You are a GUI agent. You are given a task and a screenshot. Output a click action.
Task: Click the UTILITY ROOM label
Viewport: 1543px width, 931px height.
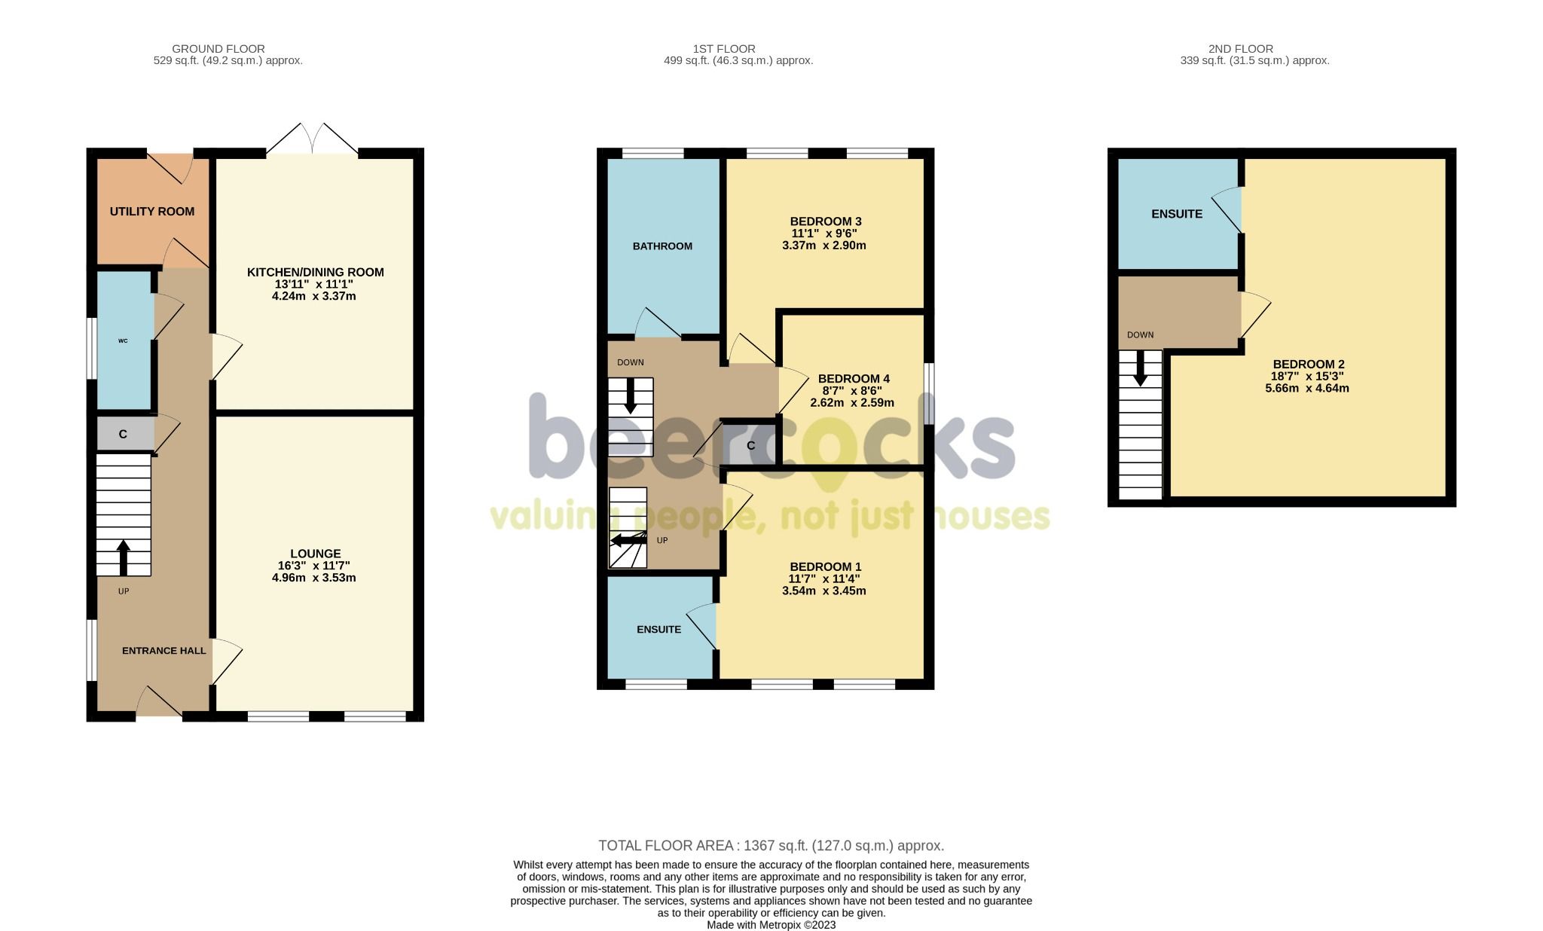tap(152, 212)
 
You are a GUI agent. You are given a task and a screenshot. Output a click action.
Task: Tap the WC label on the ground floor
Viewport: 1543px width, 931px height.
tap(123, 341)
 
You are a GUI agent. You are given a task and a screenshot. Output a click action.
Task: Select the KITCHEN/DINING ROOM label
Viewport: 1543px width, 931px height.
tap(315, 272)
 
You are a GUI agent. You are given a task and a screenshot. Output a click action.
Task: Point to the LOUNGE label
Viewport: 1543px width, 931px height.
tap(315, 554)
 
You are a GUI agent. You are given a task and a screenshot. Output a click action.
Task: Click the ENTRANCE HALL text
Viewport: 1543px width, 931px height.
tap(163, 651)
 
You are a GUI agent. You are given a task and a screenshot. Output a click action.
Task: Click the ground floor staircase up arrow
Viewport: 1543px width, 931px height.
tap(124, 557)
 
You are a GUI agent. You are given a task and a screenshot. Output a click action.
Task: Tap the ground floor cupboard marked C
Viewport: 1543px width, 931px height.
tap(123, 435)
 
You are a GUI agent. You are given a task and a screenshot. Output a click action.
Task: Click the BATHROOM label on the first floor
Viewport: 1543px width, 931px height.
tap(662, 246)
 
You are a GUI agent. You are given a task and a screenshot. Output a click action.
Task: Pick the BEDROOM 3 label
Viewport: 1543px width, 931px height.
tap(825, 221)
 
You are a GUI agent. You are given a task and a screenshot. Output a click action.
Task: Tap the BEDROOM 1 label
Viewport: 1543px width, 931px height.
tap(825, 567)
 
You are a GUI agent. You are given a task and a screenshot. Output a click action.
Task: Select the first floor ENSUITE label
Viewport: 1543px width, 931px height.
tap(658, 630)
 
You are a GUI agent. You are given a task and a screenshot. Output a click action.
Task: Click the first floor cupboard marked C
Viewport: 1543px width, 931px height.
tap(750, 446)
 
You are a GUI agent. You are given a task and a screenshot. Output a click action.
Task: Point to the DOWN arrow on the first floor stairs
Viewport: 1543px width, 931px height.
tap(631, 396)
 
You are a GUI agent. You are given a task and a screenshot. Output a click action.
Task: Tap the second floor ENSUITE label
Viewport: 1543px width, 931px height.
tap(1176, 214)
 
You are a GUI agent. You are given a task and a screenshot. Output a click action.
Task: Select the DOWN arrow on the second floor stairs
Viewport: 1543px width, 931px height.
tap(1141, 369)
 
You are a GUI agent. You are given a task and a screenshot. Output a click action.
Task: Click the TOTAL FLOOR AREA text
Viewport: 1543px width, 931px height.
tap(771, 846)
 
